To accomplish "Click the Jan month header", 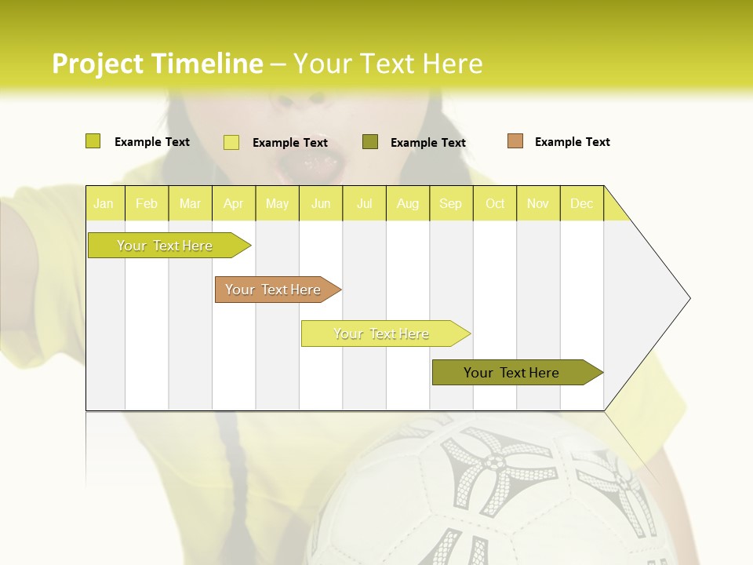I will pyautogui.click(x=104, y=204).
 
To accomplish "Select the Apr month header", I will pyautogui.click(x=233, y=204).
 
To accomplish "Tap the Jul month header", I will pyautogui.click(x=364, y=204).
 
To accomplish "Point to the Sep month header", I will pyautogui.click(x=450, y=204).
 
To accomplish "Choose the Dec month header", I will pyautogui.click(x=581, y=204).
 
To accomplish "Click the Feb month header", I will pyautogui.click(x=147, y=204).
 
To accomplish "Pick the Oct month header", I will pyautogui.click(x=495, y=204).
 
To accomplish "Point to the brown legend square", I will pyautogui.click(x=515, y=141).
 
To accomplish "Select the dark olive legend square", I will pyautogui.click(x=370, y=142).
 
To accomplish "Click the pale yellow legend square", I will pyautogui.click(x=231, y=142).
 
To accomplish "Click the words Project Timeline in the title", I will pyautogui.click(x=157, y=64).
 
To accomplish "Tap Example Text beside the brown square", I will pyautogui.click(x=572, y=142).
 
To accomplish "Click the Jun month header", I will pyautogui.click(x=321, y=204).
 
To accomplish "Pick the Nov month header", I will pyautogui.click(x=538, y=204).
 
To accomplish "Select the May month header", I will pyautogui.click(x=277, y=204).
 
